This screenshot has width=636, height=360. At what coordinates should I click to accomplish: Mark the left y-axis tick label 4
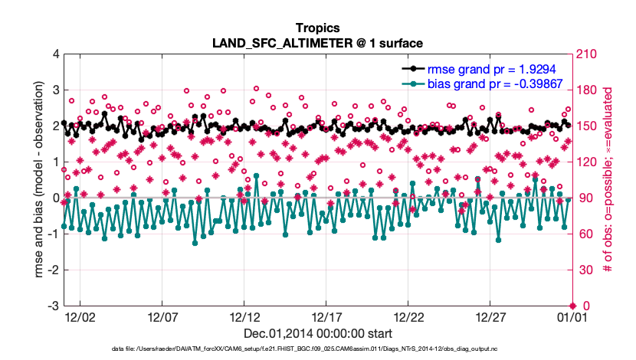[x=56, y=54]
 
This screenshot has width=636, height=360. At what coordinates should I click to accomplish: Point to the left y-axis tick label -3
[x=53, y=306]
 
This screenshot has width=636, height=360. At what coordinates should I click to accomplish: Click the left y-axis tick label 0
[x=56, y=198]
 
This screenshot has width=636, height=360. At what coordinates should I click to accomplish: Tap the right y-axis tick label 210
[x=585, y=54]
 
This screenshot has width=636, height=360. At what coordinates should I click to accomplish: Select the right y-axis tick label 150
[x=585, y=126]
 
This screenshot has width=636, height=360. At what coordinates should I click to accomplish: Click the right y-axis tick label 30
[x=582, y=270]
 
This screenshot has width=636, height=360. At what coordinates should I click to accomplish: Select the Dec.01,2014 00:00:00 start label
[x=317, y=333]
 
